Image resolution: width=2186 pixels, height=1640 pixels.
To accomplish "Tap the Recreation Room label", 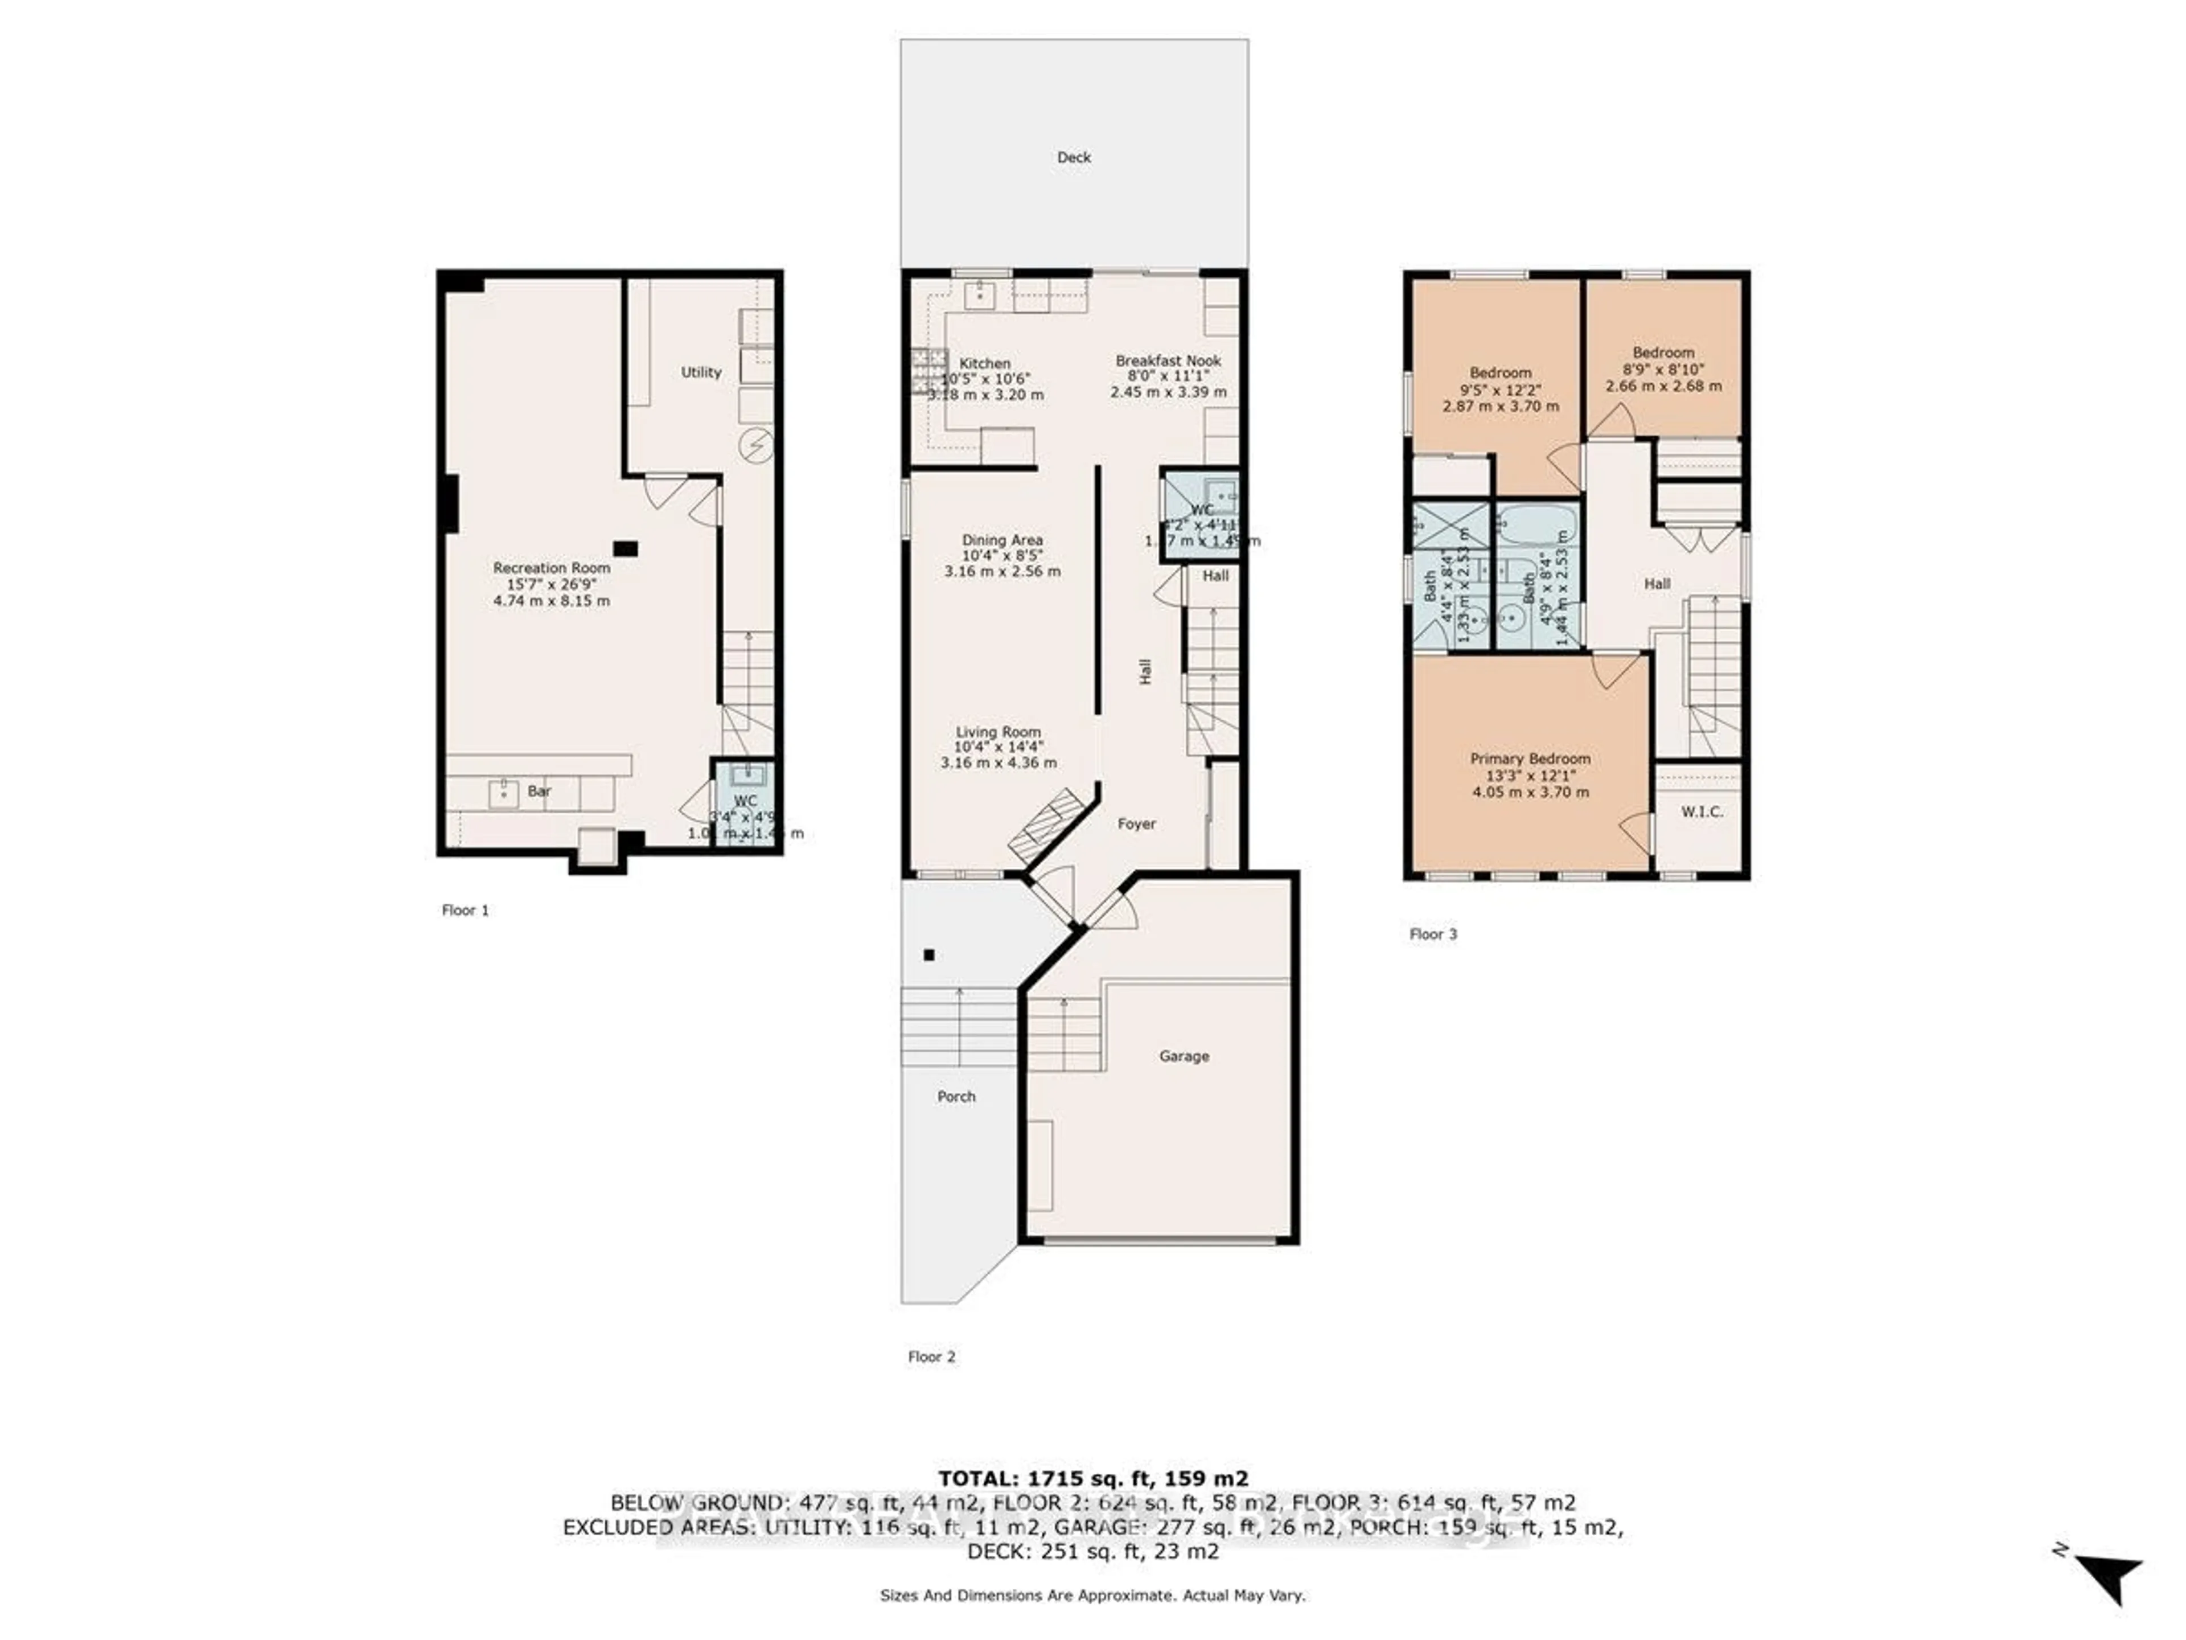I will (x=552, y=567).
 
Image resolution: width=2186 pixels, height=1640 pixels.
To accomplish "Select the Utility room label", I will (x=701, y=372).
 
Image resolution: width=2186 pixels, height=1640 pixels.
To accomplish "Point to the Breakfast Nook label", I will (x=1168, y=361).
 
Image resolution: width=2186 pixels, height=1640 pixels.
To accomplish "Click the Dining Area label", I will (x=1002, y=540).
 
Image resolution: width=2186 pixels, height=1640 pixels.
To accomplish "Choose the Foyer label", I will (x=1136, y=823).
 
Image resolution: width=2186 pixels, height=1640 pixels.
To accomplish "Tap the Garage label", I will (x=1184, y=1056).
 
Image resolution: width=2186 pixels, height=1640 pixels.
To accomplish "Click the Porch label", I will (x=956, y=1096).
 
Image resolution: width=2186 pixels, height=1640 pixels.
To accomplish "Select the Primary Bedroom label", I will (x=1530, y=758).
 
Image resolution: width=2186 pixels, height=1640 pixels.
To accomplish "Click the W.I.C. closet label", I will (x=1702, y=811).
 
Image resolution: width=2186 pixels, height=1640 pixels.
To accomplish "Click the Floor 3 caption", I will (x=1433, y=934).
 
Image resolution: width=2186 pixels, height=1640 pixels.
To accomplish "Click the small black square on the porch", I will (x=929, y=955).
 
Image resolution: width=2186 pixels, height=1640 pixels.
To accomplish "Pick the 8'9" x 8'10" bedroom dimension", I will (x=1663, y=369).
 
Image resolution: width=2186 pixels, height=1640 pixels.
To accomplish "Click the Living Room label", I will (x=998, y=732).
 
